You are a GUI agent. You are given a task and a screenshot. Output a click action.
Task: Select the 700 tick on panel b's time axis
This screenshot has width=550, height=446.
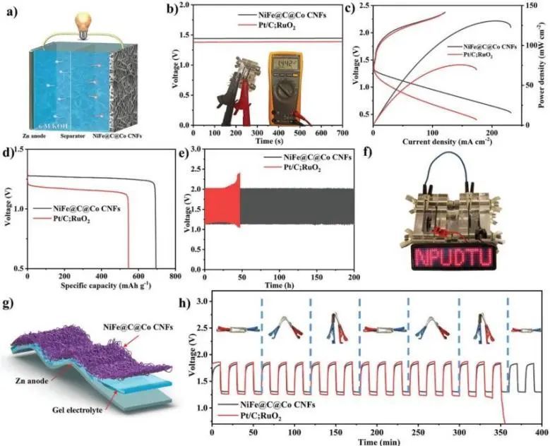342,132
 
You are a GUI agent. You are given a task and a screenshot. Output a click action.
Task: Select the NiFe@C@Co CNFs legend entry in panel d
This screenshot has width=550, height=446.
80,209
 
